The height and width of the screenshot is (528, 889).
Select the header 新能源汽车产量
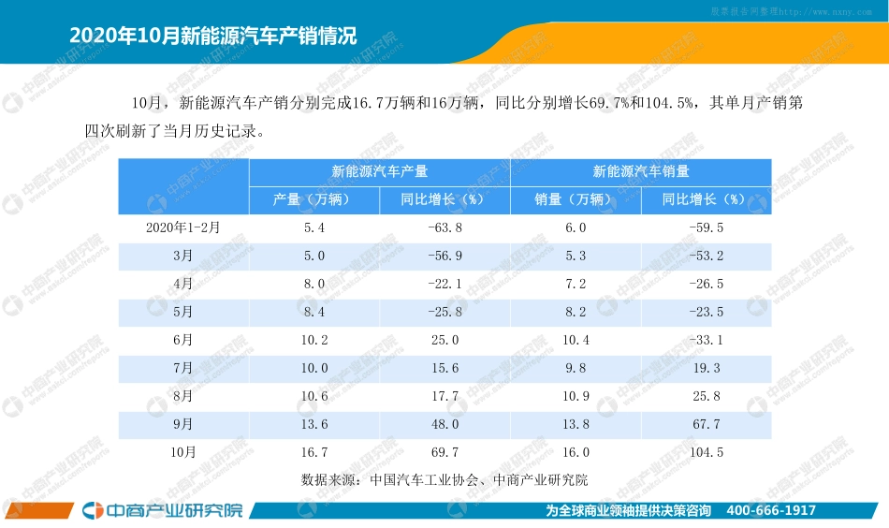tap(379, 172)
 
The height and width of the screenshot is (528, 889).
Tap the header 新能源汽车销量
tap(641, 172)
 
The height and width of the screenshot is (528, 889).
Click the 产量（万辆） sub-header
tap(313, 199)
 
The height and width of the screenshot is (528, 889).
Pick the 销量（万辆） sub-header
tap(575, 199)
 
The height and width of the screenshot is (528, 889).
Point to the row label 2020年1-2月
tap(183, 227)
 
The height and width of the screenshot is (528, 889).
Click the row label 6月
tap(183, 340)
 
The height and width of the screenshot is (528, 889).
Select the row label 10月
tap(183, 452)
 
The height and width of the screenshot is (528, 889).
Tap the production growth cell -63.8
tap(444, 227)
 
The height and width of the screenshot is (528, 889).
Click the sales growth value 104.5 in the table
tap(706, 452)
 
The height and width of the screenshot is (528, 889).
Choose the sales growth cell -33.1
tap(706, 340)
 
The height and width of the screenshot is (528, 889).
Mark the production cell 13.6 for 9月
tap(314, 424)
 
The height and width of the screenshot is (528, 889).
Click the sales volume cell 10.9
tap(576, 396)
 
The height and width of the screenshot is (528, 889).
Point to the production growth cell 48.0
tap(444, 424)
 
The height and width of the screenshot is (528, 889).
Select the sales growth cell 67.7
tap(706, 424)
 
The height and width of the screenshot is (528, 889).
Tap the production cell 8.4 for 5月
tap(314, 312)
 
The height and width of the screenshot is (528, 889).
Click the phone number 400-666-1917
tap(771, 510)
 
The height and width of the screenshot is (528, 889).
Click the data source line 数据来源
tap(444, 480)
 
